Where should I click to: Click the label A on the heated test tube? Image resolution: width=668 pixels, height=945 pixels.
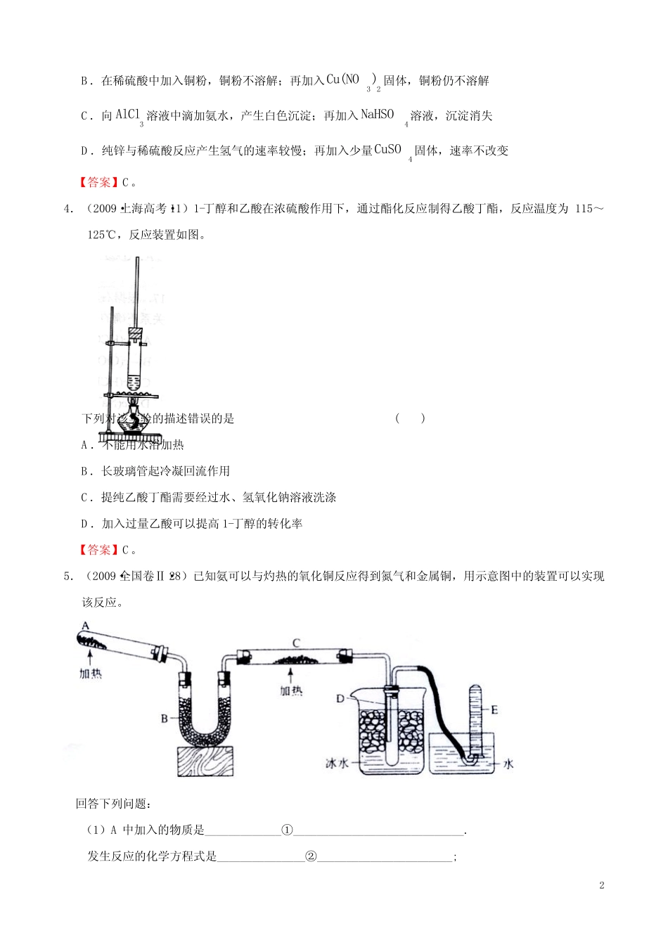tap(84, 625)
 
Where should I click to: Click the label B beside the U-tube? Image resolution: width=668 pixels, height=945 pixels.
tap(165, 718)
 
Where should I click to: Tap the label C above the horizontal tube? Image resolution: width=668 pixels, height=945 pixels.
tap(296, 643)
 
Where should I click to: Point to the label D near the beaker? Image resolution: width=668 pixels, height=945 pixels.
tap(340, 698)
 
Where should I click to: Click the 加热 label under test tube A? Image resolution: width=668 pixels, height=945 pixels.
tap(90, 674)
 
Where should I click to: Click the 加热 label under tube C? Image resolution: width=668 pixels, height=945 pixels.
tap(291, 690)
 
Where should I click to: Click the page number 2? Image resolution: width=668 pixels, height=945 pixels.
tap(601, 885)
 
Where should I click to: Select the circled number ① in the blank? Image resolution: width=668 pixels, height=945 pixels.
tap(287, 830)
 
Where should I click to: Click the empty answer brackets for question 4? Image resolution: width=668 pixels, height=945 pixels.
tap(410, 418)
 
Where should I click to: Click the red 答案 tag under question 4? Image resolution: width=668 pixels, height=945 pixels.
tap(99, 550)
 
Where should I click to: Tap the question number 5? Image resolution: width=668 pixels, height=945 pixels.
tap(68, 577)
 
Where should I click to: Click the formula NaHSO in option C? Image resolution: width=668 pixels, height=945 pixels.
tap(377, 114)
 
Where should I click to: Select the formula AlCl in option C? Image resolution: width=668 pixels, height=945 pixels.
tap(128, 114)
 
